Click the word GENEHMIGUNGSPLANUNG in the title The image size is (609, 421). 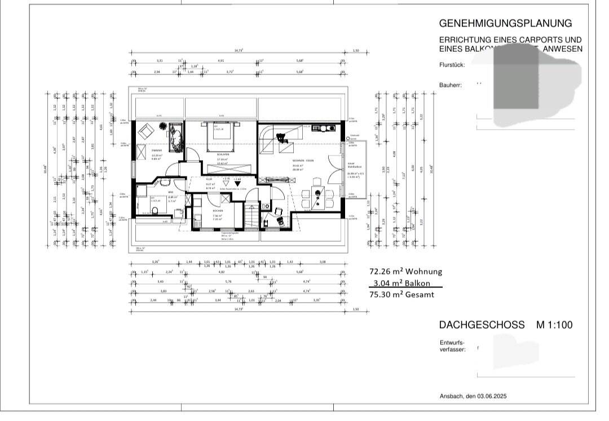pyautogui.click(x=505, y=23)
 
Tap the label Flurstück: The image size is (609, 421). pyautogui.click(x=452, y=65)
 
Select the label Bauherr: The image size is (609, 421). pyautogui.click(x=451, y=85)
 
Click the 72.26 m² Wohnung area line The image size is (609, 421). pyautogui.click(x=405, y=271)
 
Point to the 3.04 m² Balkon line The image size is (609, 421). pyautogui.click(x=405, y=283)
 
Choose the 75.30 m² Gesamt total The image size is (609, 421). pyautogui.click(x=401, y=295)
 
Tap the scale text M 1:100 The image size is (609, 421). pyautogui.click(x=554, y=325)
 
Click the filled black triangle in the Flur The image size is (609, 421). pyautogui.click(x=237, y=183)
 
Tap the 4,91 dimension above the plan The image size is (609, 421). pyautogui.click(x=221, y=60)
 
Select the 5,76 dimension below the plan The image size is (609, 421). pyautogui.click(x=228, y=281)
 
